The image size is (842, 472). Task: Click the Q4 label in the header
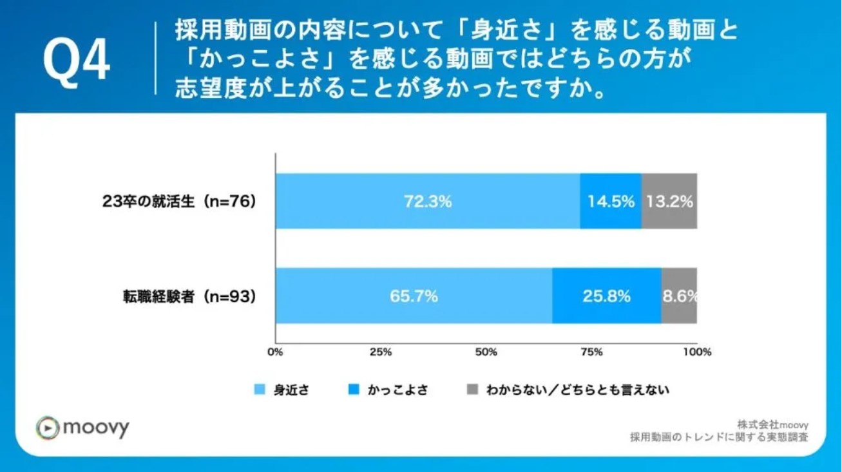[x=76, y=62]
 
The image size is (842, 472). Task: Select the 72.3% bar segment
[x=427, y=201]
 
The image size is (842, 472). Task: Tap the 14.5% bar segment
[x=610, y=201]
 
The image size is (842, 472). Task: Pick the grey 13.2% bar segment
[x=669, y=201]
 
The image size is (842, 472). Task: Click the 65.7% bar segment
[x=414, y=296]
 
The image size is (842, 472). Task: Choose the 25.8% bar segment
[x=606, y=296]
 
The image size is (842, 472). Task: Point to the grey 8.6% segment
[x=679, y=296]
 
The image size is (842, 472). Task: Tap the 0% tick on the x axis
[x=275, y=352]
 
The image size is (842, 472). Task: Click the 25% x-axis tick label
[x=381, y=352]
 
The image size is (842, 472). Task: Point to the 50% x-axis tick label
[x=486, y=352]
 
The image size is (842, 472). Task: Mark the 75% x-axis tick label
[x=591, y=352]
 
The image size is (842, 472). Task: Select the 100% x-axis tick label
[x=697, y=352]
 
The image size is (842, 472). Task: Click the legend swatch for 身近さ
[x=260, y=390]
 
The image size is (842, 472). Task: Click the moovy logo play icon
[x=47, y=428]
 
